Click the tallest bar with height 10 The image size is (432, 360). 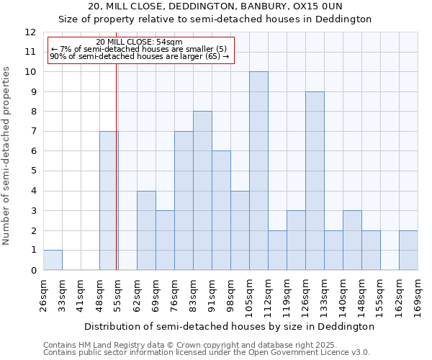258,171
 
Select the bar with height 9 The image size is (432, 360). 315,181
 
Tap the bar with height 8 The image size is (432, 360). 202,191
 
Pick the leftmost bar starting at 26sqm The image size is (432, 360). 53,260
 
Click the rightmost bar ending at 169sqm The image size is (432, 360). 408,250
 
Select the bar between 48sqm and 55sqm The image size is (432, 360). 109,200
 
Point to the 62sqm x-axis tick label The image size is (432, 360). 137,295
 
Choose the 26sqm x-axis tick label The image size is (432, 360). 43,295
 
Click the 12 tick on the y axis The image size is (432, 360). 30,32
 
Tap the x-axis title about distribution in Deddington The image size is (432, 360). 230,326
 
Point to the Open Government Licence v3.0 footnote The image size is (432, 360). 206,353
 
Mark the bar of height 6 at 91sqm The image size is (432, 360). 221,210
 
